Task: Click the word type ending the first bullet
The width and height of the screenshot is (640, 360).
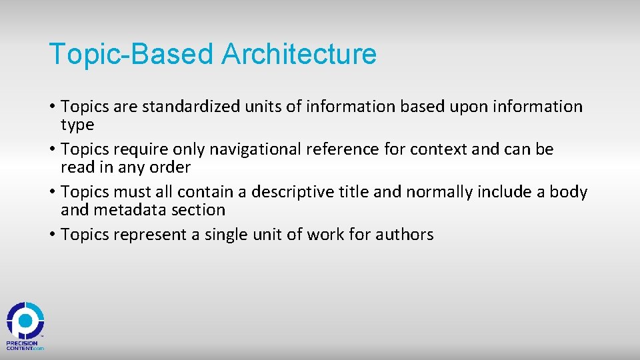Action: (77, 125)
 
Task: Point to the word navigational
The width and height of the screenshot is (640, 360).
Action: (275, 149)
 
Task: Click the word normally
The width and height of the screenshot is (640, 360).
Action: (436, 192)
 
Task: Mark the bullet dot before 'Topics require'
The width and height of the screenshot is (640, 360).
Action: (52, 149)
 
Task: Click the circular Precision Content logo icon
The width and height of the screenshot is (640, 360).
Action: (25, 320)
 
